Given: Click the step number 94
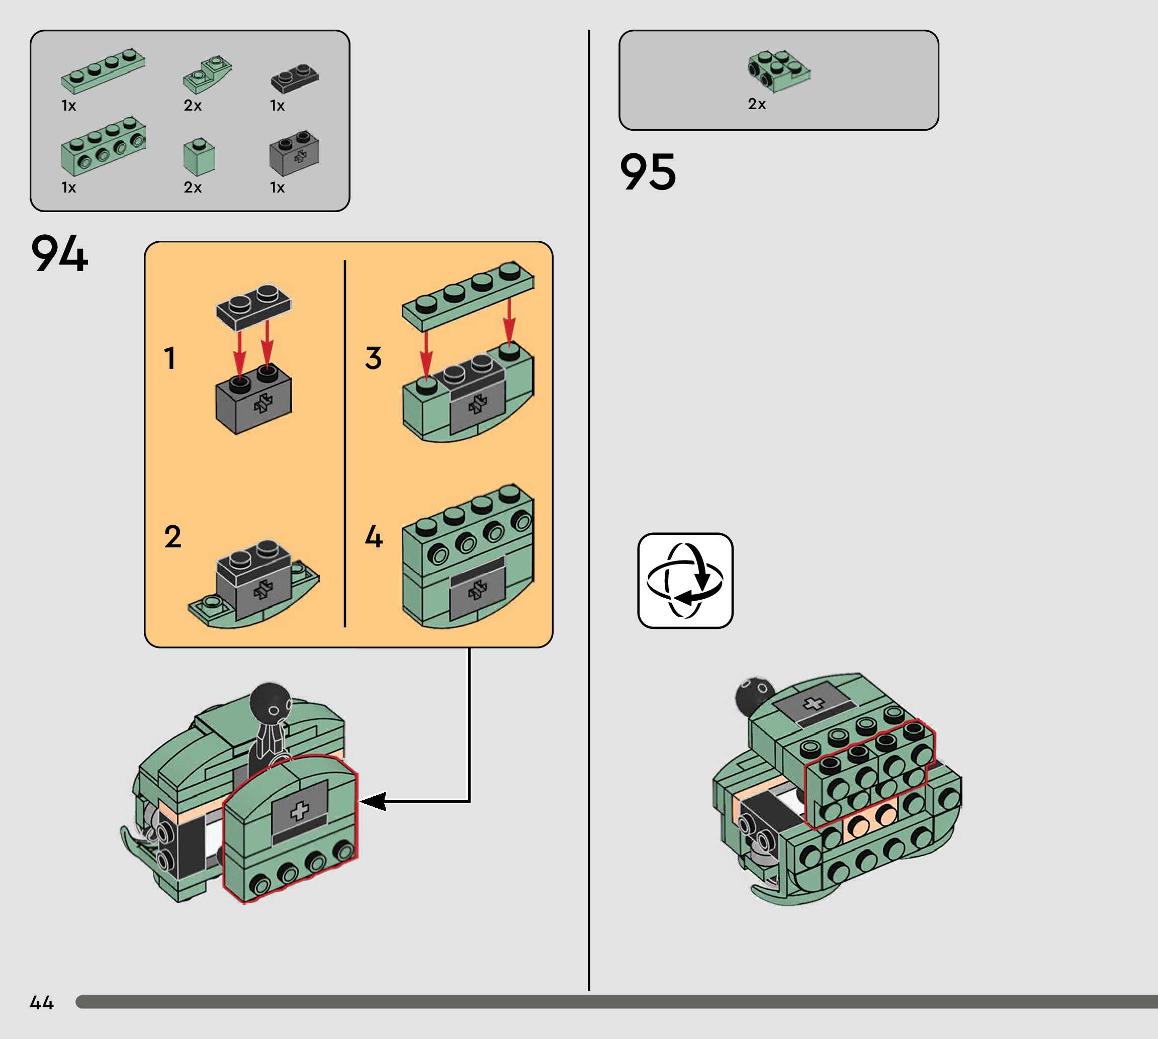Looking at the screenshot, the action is click(60, 253).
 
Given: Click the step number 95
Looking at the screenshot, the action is click(648, 171).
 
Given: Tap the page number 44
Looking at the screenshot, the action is click(42, 1002).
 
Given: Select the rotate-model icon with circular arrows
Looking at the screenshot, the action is click(685, 581).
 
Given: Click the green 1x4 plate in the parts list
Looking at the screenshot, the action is click(103, 71).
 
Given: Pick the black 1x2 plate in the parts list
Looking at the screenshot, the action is click(295, 78).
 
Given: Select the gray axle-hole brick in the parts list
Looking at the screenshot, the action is click(294, 153).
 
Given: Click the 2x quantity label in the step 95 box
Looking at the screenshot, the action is click(757, 104).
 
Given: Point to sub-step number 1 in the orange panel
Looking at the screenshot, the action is click(169, 358).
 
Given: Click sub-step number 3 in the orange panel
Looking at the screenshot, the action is click(374, 358).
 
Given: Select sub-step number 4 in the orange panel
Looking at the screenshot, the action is click(374, 537).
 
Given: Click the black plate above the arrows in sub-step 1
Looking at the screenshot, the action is click(253, 306).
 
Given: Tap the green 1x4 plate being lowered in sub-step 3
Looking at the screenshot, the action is click(468, 297).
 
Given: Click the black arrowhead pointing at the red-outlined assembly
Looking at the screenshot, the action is click(373, 802).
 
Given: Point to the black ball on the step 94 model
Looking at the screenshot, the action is click(271, 703).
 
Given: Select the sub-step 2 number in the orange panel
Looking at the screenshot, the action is click(172, 537).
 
